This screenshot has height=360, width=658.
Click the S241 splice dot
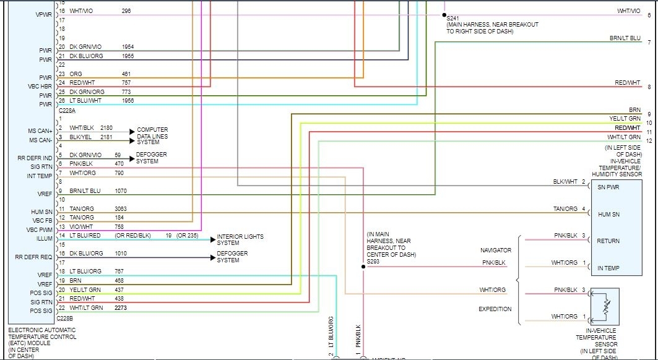[x=444, y=14]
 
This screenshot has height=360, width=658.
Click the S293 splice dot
[x=363, y=267]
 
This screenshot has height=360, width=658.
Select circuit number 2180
[x=106, y=128]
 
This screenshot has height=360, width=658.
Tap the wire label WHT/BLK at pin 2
[x=82, y=128]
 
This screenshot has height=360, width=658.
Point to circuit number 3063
[x=121, y=209]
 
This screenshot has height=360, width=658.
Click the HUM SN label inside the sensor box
[x=608, y=214]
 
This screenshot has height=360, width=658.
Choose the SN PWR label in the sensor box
[x=608, y=187]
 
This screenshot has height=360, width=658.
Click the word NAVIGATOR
[x=496, y=251]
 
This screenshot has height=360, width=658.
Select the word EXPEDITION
[x=495, y=309]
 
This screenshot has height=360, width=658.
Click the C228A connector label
[x=67, y=110]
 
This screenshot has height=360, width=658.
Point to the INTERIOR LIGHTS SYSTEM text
[x=240, y=240]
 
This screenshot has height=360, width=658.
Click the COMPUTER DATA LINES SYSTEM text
[x=153, y=136]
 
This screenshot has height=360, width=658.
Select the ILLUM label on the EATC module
[x=45, y=238]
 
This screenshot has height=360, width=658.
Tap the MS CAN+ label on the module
[x=40, y=131]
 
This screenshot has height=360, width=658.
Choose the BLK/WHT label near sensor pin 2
[x=566, y=182]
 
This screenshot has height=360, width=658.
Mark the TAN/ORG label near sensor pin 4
[x=566, y=209]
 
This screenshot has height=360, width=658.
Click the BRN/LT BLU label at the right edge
[x=625, y=38]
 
